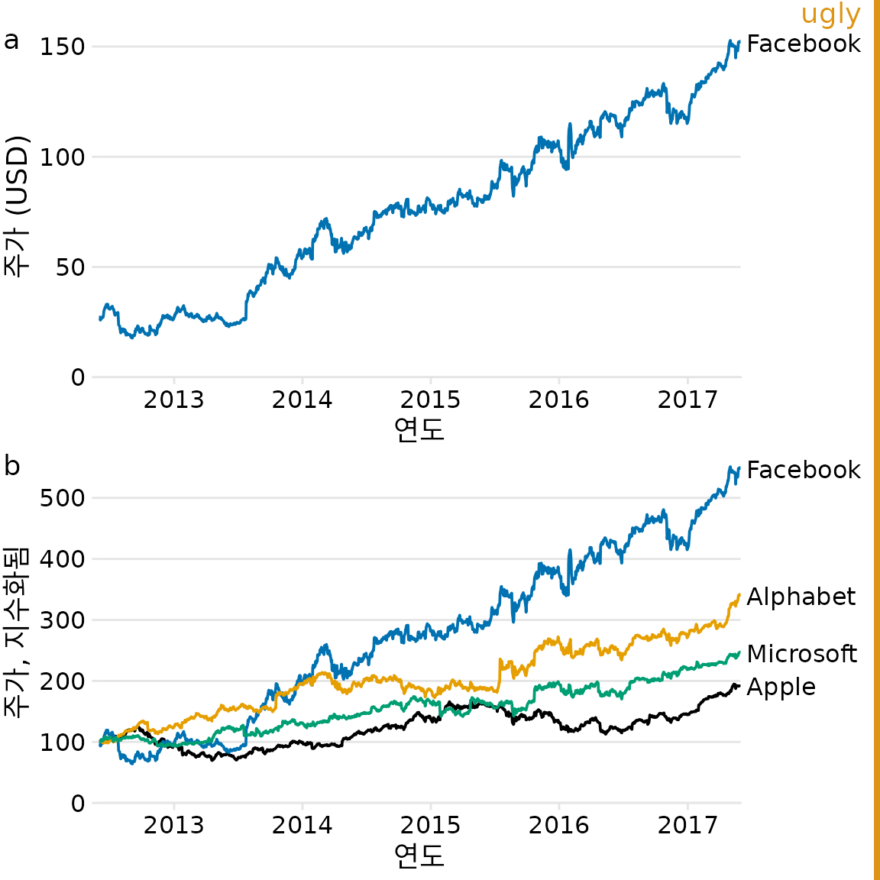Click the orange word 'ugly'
coord(830,15)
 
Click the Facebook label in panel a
coord(803,44)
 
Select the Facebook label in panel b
coord(803,470)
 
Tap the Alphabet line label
coord(801,597)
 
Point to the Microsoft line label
coord(801,654)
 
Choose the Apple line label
coord(781,687)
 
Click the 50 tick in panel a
coord(70,267)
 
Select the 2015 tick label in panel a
coord(430,400)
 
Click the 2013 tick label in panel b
coord(173,825)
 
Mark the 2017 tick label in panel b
coord(687,825)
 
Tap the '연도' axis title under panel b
coord(419,856)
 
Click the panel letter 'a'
coord(11,40)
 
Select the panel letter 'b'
coord(11,464)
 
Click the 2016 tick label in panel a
coord(558,400)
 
